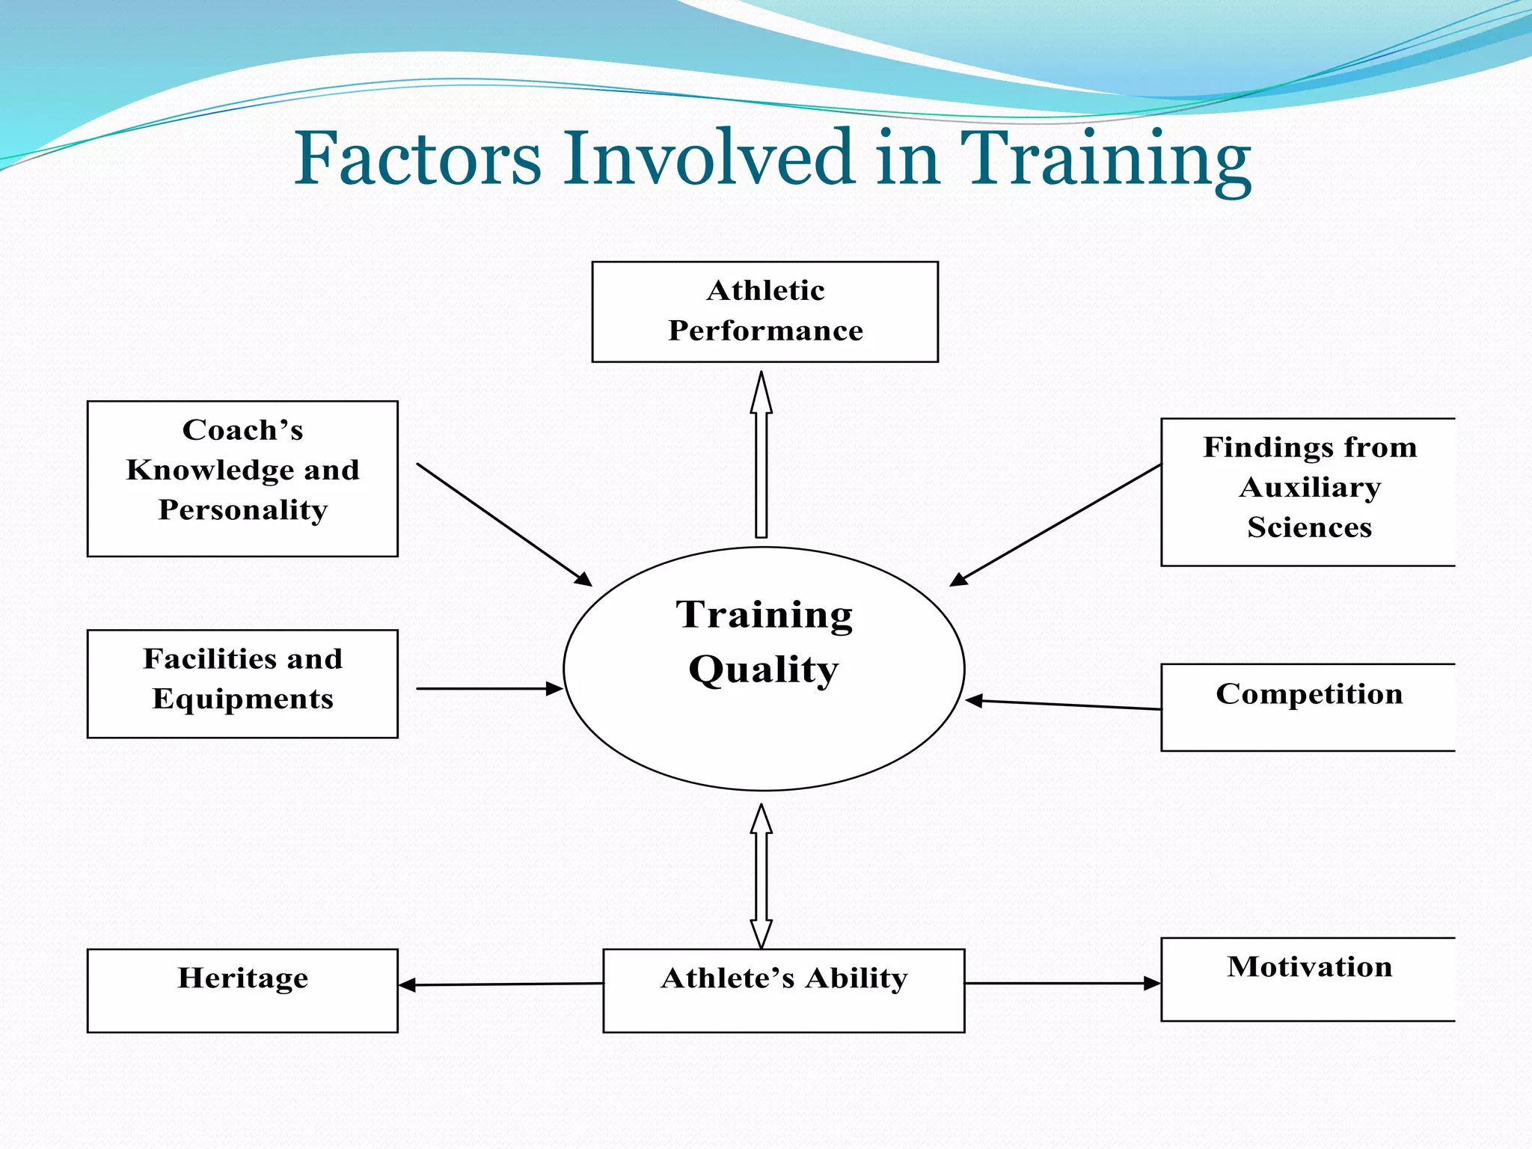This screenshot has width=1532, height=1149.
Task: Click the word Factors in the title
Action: [x=417, y=159]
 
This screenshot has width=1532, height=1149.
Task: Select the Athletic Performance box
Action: [x=765, y=311]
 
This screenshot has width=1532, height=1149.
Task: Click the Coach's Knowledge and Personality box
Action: [x=242, y=479]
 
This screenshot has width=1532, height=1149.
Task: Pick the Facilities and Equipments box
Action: [x=242, y=683]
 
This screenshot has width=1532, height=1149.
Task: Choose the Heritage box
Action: [x=242, y=990]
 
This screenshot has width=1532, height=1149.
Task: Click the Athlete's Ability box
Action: [x=783, y=990]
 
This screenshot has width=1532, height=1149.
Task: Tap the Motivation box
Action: [x=1308, y=978]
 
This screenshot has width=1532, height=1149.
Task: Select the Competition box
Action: [x=1308, y=706]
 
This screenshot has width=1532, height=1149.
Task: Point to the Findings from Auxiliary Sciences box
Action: [x=1308, y=491]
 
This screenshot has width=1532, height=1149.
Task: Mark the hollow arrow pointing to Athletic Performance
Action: [x=761, y=456]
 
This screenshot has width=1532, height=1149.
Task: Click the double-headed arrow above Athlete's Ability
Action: [x=761, y=875]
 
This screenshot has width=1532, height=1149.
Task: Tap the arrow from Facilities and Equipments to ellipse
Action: [x=490, y=688]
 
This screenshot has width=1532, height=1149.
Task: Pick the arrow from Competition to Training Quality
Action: [x=1062, y=704]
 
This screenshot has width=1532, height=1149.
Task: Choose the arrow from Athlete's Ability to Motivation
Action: [x=1062, y=983]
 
